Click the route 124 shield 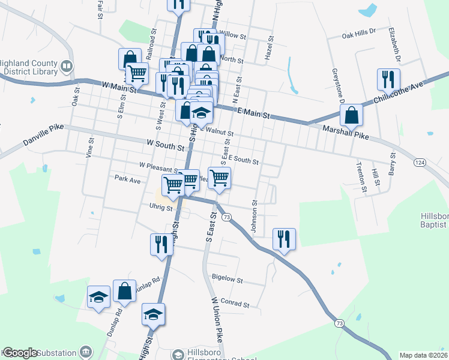coord(420,163)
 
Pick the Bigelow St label coord(227,280)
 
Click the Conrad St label coord(235,304)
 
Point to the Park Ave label coord(127,179)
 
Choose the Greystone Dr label coord(336,86)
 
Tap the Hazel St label coord(270,48)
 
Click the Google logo coord(20,353)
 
